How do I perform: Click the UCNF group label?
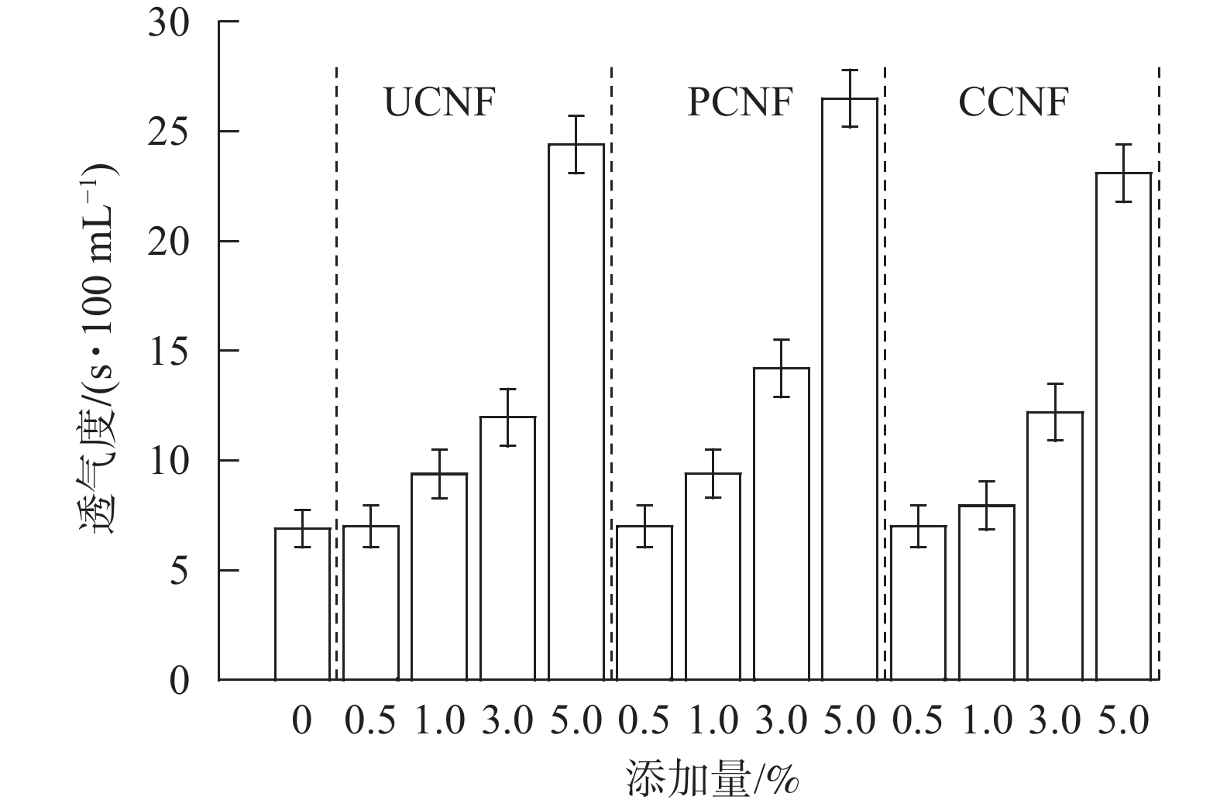(x=439, y=102)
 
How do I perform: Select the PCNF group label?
(x=741, y=102)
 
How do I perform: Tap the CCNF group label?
(x=1013, y=102)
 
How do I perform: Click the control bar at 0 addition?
(x=302, y=604)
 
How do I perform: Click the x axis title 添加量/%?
(x=711, y=778)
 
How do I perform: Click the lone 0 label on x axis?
(x=302, y=722)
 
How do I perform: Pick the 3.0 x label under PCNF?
(x=781, y=722)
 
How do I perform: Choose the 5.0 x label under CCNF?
(x=1123, y=722)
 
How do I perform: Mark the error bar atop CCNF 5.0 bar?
(x=1123, y=173)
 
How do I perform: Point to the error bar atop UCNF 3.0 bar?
(x=507, y=417)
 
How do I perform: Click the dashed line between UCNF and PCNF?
(x=611, y=372)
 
